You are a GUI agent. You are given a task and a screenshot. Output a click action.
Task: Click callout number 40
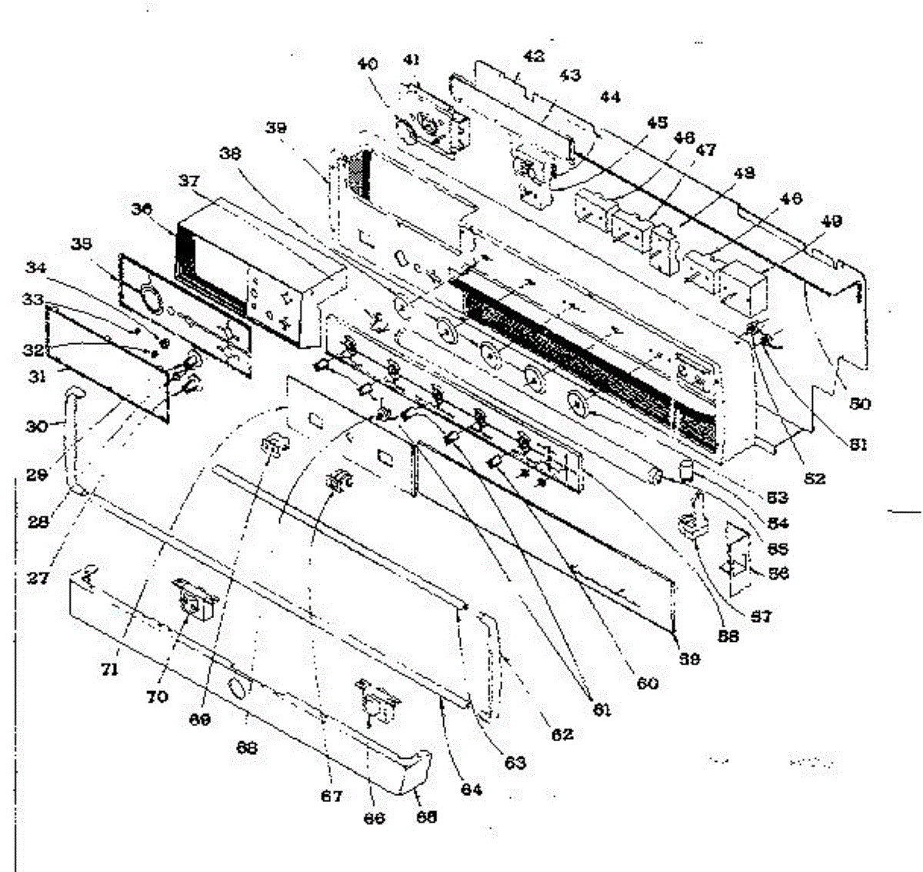tap(368, 65)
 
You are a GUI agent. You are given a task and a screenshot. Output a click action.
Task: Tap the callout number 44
tap(611, 98)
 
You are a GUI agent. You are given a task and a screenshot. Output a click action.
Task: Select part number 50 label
tap(860, 404)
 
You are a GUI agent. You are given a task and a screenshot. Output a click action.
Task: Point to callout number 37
tap(188, 182)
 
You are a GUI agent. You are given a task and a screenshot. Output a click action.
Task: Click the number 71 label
tap(109, 670)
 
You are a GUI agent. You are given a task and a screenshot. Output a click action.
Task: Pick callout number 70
tap(157, 697)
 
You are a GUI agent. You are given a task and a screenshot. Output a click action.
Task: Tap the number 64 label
tap(471, 790)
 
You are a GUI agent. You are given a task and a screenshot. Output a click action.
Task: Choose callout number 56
tap(778, 573)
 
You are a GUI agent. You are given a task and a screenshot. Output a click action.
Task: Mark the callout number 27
tap(38, 578)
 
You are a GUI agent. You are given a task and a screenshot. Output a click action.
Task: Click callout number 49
tap(831, 222)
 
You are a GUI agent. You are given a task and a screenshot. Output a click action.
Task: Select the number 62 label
tap(562, 733)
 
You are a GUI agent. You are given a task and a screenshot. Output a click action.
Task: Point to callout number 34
tap(35, 268)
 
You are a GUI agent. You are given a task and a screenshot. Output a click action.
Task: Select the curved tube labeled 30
tap(74, 439)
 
